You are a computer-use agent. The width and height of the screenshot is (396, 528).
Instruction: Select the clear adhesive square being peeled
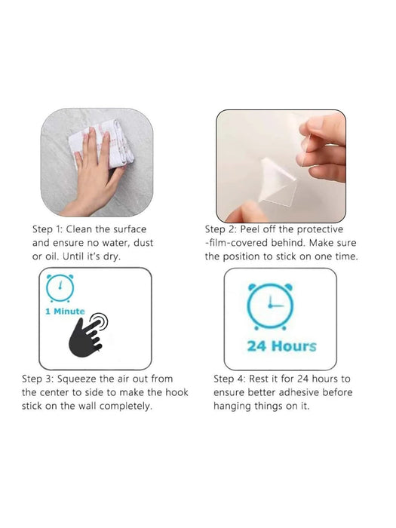click(x=278, y=183)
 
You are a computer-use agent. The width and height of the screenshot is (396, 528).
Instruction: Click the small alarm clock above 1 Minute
click(x=60, y=288)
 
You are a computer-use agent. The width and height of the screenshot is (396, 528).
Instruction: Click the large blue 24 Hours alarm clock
click(x=270, y=306)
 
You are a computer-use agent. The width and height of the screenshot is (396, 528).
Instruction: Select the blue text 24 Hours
click(x=282, y=346)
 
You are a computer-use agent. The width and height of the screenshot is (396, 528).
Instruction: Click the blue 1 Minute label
click(x=65, y=311)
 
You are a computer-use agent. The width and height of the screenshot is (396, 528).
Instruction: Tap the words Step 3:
click(x=38, y=379)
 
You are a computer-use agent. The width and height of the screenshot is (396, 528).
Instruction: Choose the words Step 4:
click(x=229, y=379)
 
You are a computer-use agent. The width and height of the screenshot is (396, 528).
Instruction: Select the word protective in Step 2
click(x=320, y=229)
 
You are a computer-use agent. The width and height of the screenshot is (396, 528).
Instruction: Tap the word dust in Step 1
click(x=143, y=243)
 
